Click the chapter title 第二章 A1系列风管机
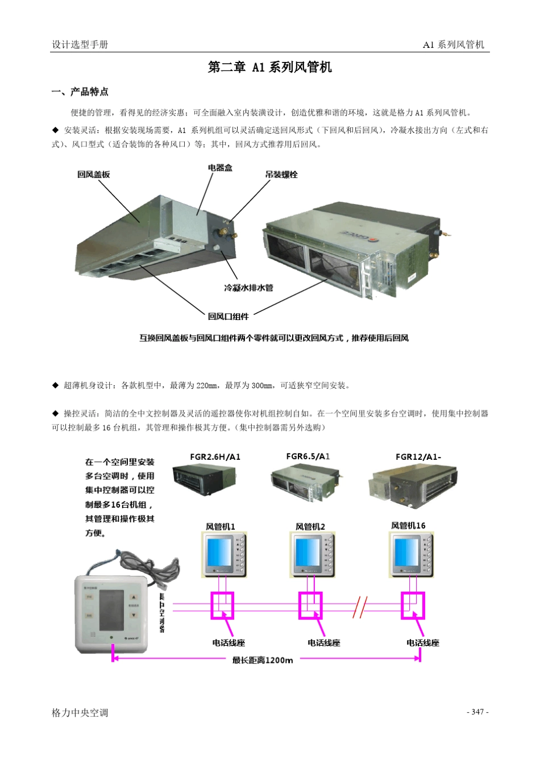(269, 67)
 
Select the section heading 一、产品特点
(80, 92)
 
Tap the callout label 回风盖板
(94, 175)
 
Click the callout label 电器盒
(220, 168)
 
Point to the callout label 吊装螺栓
(281, 175)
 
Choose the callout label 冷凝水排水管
(248, 288)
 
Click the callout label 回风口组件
(228, 316)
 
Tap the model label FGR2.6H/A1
(215, 456)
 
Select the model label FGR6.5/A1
(308, 456)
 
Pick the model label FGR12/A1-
(418, 456)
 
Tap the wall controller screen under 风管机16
(406, 551)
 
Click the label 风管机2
(310, 526)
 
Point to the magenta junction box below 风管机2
(310, 605)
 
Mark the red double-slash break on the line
(360, 607)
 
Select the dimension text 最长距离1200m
(263, 660)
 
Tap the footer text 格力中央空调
(80, 712)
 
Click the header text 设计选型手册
(80, 44)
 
